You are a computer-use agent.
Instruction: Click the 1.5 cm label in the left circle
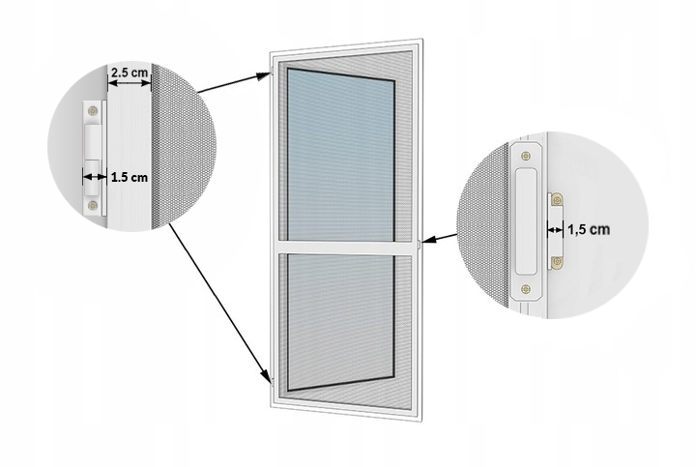tap(129, 177)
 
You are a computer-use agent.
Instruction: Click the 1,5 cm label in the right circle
tap(589, 230)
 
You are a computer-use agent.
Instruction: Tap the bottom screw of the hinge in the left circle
tap(94, 204)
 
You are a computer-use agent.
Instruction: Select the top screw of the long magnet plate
tap(525, 155)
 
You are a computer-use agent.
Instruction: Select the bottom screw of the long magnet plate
tap(525, 286)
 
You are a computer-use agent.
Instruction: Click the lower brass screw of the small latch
tap(556, 261)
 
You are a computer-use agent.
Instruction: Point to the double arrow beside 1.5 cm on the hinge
tap(94, 177)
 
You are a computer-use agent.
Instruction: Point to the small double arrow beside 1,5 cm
tap(556, 230)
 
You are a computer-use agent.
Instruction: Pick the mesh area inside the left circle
tap(179, 145)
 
